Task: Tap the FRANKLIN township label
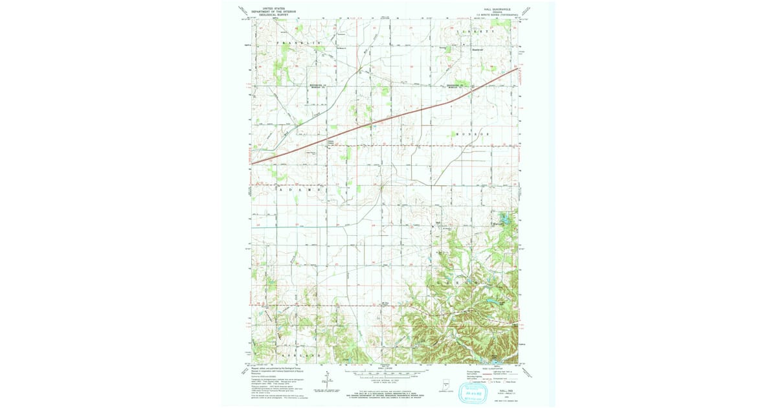pos(300,43)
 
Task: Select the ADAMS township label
pos(299,190)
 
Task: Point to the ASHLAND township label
pos(300,356)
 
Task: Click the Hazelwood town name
pos(478,47)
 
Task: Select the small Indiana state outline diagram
pos(445,381)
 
